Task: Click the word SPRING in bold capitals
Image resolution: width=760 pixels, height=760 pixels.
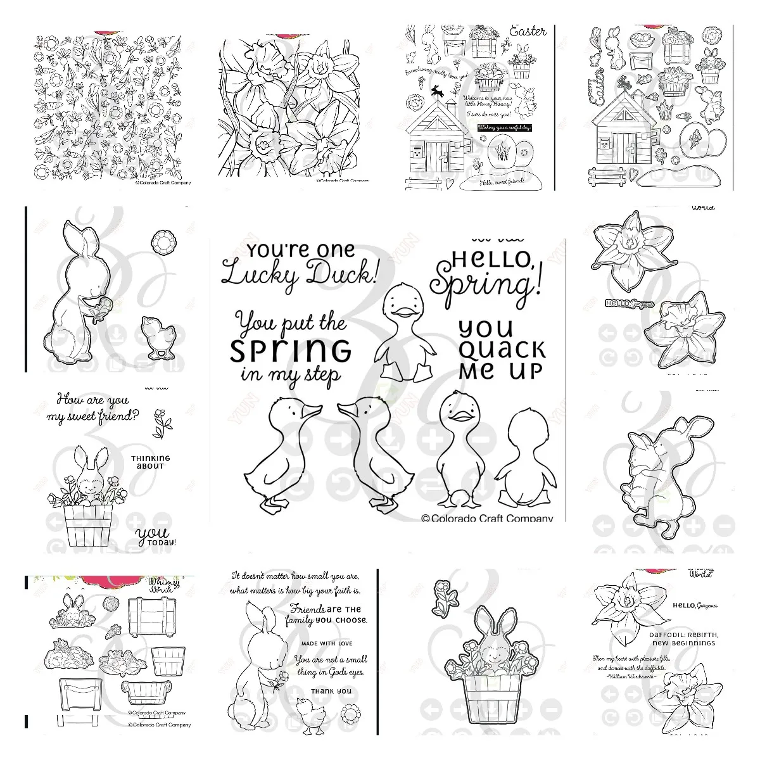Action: [x=291, y=349]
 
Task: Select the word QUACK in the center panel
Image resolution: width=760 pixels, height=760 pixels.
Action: [x=502, y=349]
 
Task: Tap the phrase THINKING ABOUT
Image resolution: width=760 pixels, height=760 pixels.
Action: [x=151, y=462]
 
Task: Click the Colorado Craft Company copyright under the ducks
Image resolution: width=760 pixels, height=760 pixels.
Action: [x=486, y=517]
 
